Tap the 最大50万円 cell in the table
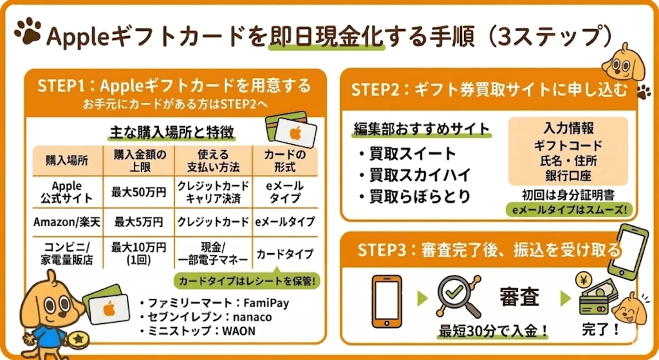coord(139,192)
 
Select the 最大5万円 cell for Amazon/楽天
coord(139,222)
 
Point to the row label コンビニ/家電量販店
coord(64,252)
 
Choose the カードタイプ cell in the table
coord(285,253)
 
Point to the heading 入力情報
coord(568,128)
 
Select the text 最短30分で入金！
coord(493,332)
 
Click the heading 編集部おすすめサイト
coord(422,128)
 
